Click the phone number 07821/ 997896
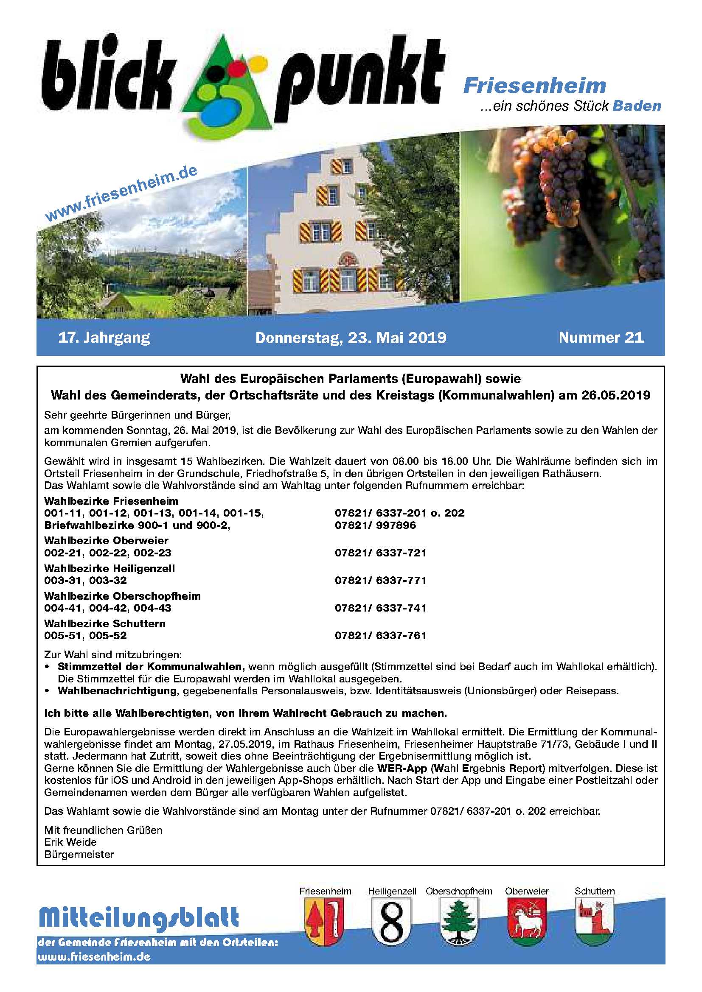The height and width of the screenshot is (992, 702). pos(375,525)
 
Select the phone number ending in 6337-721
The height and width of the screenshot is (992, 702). pos(380,553)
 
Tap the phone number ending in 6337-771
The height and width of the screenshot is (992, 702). pos(380,580)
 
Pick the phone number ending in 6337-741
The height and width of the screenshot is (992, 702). pos(380,608)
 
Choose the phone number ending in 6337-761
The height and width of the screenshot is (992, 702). pos(380,636)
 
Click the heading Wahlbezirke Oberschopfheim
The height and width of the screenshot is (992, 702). pos(122,596)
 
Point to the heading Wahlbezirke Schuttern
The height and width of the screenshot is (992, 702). pos(104,623)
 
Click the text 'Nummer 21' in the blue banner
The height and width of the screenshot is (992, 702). pos(601,338)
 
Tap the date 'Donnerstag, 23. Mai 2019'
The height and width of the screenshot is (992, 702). pos(351,338)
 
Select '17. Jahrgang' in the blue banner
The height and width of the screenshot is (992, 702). pos(104,338)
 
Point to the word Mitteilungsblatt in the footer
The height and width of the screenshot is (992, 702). pos(138,918)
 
